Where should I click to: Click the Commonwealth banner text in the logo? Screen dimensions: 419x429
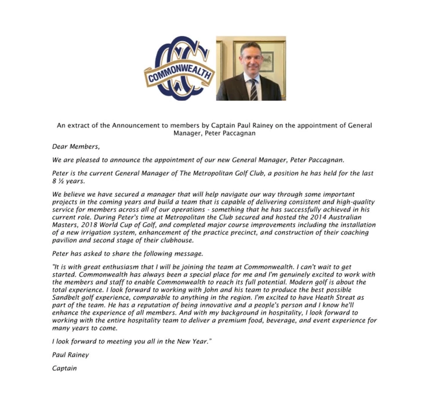point(180,73)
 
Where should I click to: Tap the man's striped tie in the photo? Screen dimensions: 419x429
point(253,89)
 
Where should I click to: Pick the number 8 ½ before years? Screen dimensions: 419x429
point(57,181)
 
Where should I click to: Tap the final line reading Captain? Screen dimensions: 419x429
point(64,368)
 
